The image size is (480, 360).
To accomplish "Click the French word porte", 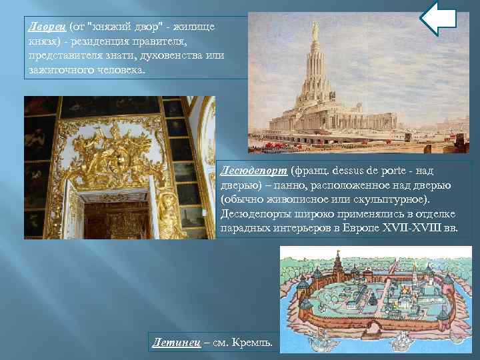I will (377, 171).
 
